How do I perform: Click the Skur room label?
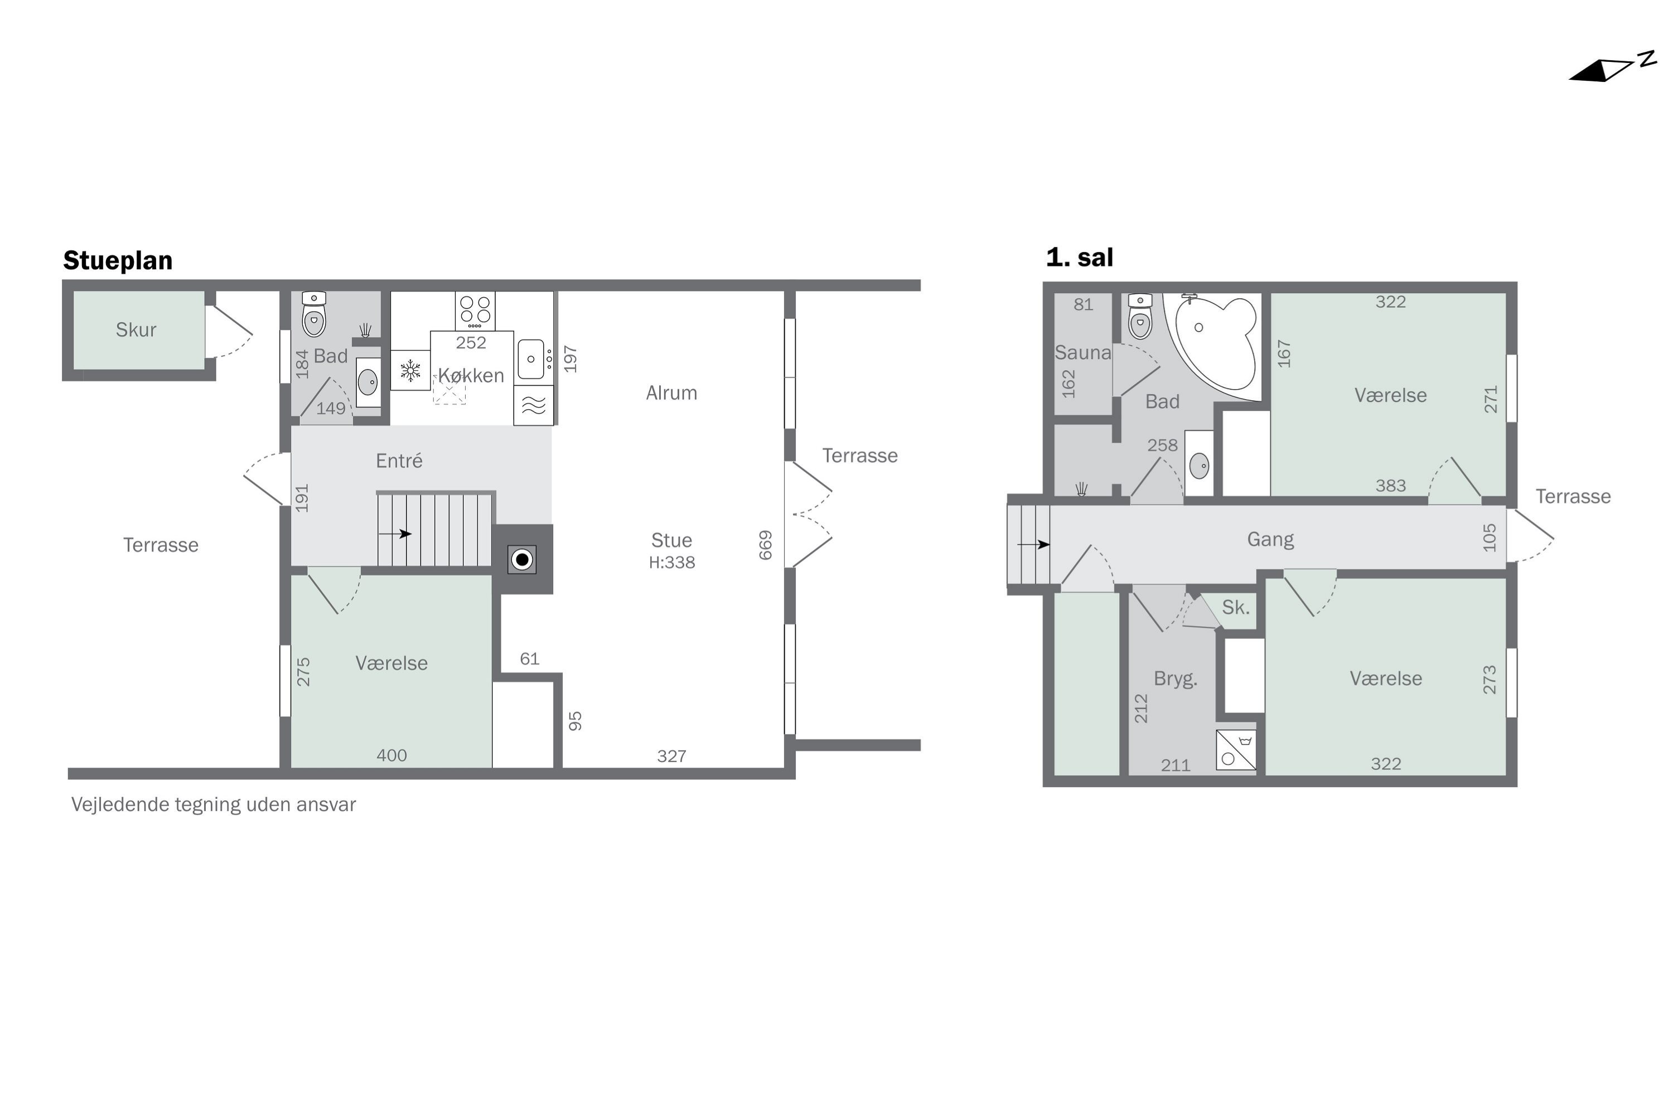pos(136,329)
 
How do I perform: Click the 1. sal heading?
pos(1079,258)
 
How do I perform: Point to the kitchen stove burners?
pos(475,310)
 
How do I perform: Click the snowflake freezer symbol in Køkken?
pos(410,370)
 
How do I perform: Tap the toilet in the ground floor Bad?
pos(313,315)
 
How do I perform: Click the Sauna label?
pos(1082,353)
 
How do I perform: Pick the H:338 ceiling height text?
pos(671,563)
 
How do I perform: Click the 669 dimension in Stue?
pos(765,545)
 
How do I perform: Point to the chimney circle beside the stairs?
pos(522,560)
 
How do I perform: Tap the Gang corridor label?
pos(1270,539)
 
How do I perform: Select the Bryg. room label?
pos(1175,678)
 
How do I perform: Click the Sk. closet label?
pos(1236,607)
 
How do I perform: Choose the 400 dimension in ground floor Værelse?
pos(391,755)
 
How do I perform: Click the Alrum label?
pos(671,392)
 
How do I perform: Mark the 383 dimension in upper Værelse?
pos(1391,486)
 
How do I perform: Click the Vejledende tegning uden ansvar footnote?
pos(214,804)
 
